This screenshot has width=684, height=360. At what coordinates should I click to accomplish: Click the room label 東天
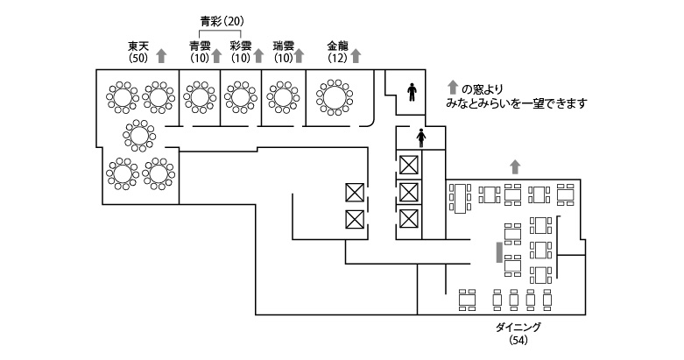[x=138, y=46]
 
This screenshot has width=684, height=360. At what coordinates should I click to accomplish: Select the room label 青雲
[x=200, y=46]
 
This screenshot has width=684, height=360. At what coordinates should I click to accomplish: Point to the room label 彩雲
[x=241, y=46]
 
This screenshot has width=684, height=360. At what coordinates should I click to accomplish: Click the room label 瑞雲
[x=283, y=46]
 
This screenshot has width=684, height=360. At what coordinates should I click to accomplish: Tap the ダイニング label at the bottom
[x=519, y=327]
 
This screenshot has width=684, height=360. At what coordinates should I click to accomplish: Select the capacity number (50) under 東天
[x=138, y=59]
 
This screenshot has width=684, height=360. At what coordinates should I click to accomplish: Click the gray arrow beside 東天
[x=161, y=56]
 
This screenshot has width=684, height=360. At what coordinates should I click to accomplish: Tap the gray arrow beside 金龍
[x=357, y=56]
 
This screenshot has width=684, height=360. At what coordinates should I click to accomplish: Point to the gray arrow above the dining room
[x=515, y=166]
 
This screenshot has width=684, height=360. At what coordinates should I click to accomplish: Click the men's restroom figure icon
[x=413, y=88]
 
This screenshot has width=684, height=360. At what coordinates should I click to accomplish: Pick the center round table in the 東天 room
[x=138, y=135]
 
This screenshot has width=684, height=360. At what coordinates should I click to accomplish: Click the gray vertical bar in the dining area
[x=499, y=252]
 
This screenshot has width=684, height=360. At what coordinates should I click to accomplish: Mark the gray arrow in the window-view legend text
[x=452, y=88]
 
